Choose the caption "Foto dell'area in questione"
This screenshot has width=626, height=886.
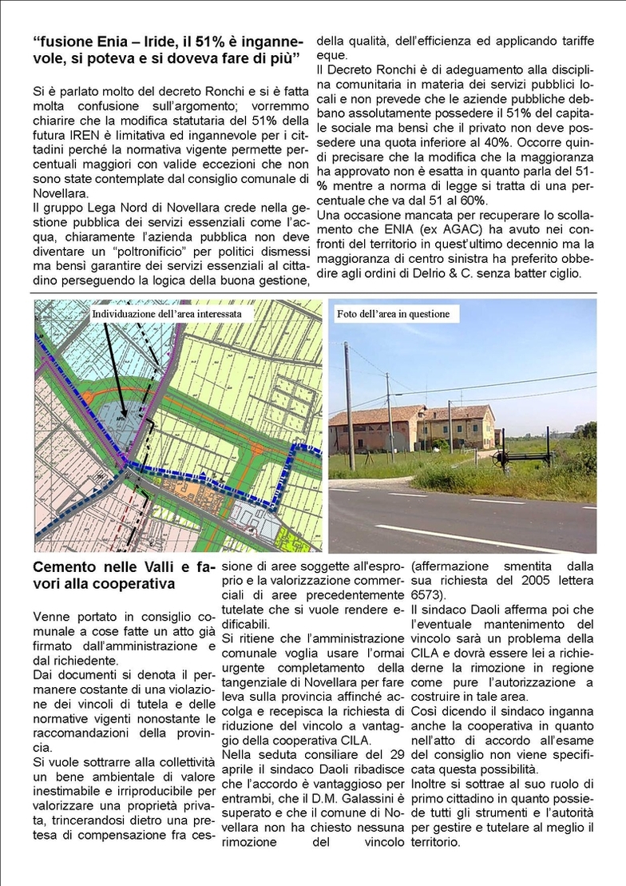click(393, 314)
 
